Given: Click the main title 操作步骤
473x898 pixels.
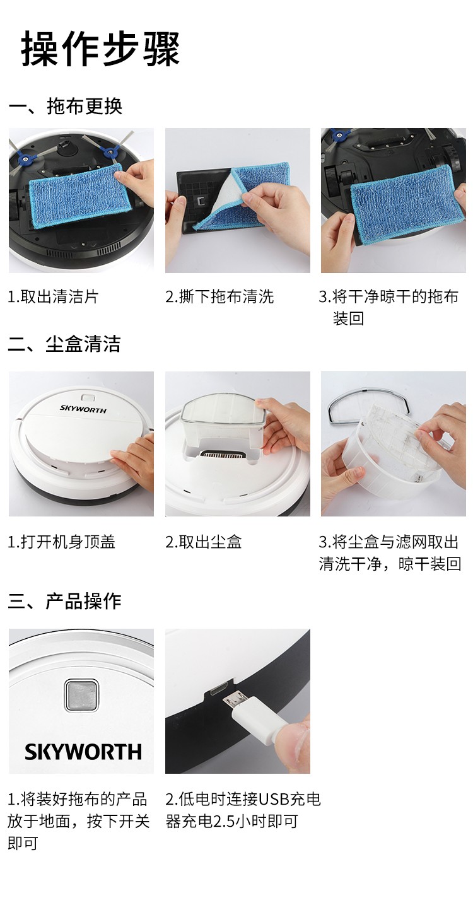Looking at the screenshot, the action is pyautogui.click(x=100, y=49).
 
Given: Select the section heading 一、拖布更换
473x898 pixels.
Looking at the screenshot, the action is pyautogui.click(x=65, y=106).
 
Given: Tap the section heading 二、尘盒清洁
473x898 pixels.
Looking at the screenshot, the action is pyautogui.click(x=64, y=344).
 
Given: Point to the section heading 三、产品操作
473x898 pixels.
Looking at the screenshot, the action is pyautogui.click(x=64, y=602).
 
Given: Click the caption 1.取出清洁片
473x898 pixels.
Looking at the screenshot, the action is pyautogui.click(x=53, y=296).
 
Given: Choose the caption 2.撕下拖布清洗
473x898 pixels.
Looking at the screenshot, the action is pyautogui.click(x=219, y=296).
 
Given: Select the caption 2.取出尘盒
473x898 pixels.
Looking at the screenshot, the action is pyautogui.click(x=204, y=542).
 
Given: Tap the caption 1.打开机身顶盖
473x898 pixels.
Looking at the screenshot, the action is pyautogui.click(x=62, y=542).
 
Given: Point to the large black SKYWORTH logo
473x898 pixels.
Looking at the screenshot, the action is pyautogui.click(x=83, y=752).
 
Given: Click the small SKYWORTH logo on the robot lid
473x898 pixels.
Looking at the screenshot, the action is pyautogui.click(x=83, y=409).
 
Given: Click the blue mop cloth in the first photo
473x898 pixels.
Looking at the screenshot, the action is pyautogui.click(x=79, y=195).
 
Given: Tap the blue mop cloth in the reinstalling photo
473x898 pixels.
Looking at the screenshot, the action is pyautogui.click(x=407, y=204).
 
